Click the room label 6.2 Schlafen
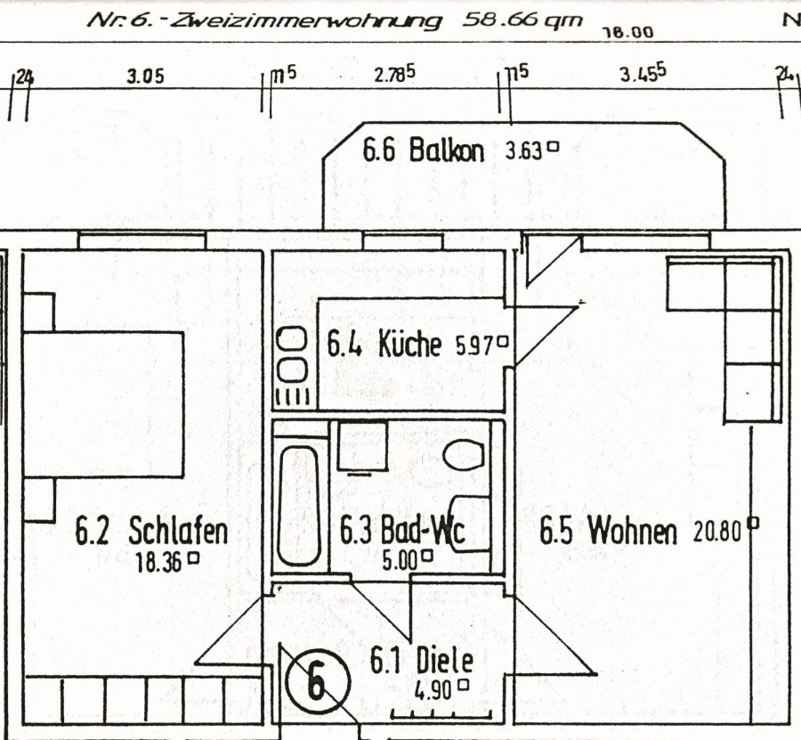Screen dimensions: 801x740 click(x=151, y=531)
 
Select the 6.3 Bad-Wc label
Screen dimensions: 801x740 click(x=402, y=531)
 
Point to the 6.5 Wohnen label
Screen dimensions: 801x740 click(x=609, y=531)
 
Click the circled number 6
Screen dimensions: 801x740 click(x=319, y=682)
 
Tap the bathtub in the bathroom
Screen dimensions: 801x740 click(x=298, y=506)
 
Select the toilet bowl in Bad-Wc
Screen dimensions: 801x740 click(x=464, y=455)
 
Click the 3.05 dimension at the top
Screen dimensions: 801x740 click(x=146, y=77)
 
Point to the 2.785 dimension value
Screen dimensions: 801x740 click(x=394, y=74)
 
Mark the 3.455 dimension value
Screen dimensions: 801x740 click(x=643, y=74)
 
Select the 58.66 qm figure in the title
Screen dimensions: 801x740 click(x=522, y=20)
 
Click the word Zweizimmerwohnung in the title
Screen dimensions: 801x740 click(x=305, y=21)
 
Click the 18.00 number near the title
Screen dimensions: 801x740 click(x=628, y=33)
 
